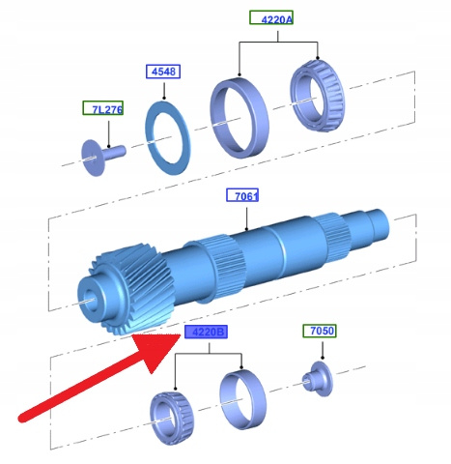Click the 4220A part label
[271, 17]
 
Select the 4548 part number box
[163, 72]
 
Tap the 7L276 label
[103, 108]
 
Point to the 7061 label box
[242, 195]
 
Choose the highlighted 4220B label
[206, 332]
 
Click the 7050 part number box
[320, 331]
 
